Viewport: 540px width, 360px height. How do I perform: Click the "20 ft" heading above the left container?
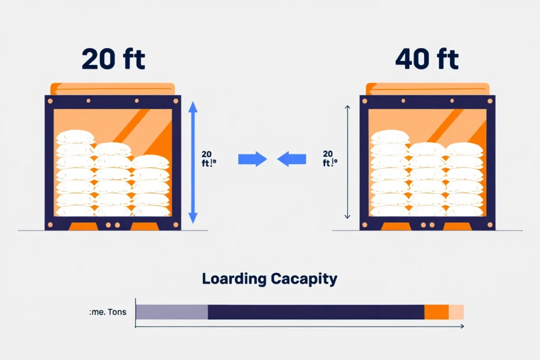tap(113, 60)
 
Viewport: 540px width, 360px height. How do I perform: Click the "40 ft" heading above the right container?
tap(427, 60)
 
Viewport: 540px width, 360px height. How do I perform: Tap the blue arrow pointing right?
tap(252, 159)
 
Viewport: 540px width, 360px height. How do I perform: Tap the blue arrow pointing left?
tap(292, 159)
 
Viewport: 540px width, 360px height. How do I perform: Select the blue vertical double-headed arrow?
tap(192, 162)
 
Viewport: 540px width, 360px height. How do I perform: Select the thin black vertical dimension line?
tap(348, 162)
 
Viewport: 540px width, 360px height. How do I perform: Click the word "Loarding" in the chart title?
tap(235, 279)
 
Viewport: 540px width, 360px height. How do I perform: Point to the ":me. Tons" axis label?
tap(108, 312)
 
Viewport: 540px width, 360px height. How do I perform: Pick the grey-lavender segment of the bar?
tap(172, 312)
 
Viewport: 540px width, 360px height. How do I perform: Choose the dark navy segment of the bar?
tap(316, 312)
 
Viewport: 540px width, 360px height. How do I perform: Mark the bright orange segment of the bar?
tap(437, 312)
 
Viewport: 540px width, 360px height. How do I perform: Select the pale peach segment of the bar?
tap(456, 312)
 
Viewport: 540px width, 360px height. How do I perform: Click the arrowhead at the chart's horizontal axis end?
tap(461, 327)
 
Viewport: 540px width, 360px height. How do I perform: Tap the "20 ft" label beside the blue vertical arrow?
tap(208, 159)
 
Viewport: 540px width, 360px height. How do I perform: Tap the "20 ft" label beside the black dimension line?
tap(330, 158)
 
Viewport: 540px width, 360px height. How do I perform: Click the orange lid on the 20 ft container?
tap(112, 89)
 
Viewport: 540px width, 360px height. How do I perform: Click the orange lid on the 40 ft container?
tap(428, 89)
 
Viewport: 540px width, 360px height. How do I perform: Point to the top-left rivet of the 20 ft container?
tap(50, 101)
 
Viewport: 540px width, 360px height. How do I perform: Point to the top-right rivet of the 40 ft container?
tap(489, 101)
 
